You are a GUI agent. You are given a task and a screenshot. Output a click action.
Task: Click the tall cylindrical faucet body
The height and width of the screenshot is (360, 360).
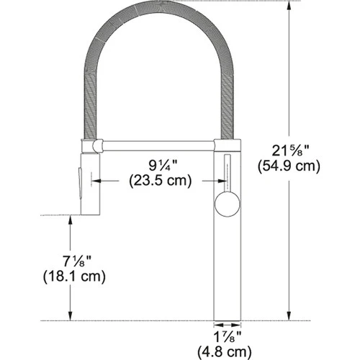click(228, 266)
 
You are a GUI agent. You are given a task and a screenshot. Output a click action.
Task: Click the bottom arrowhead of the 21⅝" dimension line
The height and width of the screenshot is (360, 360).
click(290, 315)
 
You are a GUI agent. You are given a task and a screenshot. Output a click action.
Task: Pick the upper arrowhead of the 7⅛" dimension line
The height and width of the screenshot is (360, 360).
click(70, 220)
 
